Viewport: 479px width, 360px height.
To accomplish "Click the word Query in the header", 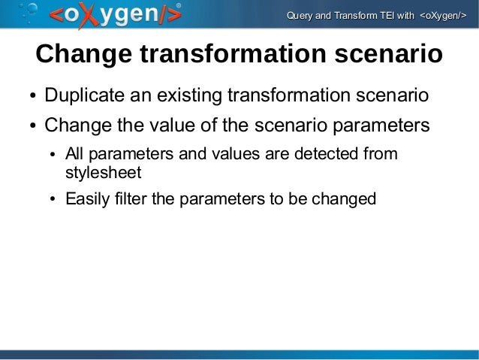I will (x=300, y=16).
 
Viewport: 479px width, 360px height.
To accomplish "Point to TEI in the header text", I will (x=387, y=16).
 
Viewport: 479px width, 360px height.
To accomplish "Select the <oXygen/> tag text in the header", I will (x=442, y=16).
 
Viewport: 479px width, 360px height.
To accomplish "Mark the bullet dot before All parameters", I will (x=52, y=156).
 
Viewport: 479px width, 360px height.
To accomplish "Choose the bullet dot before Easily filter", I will (x=52, y=200).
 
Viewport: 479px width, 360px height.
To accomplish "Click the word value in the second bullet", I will (x=183, y=124).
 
